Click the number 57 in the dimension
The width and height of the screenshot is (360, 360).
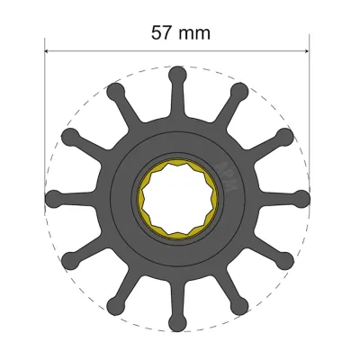coord(162,32)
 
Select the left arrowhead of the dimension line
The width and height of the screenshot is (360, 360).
coord(49,52)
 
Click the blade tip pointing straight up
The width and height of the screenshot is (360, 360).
coord(177,73)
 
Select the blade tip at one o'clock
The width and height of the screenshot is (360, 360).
coord(239,90)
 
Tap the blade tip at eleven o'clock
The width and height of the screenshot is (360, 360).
coord(115,90)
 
